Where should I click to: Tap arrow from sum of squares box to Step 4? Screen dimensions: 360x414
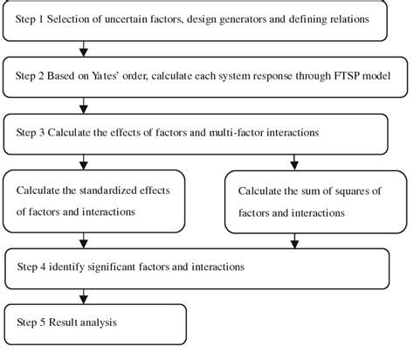[x=294, y=241]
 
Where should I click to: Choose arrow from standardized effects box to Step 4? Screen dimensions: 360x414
[x=83, y=239]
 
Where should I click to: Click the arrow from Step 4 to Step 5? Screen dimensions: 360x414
[x=83, y=296]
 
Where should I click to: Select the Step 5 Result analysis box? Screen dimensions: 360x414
[x=95, y=322]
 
